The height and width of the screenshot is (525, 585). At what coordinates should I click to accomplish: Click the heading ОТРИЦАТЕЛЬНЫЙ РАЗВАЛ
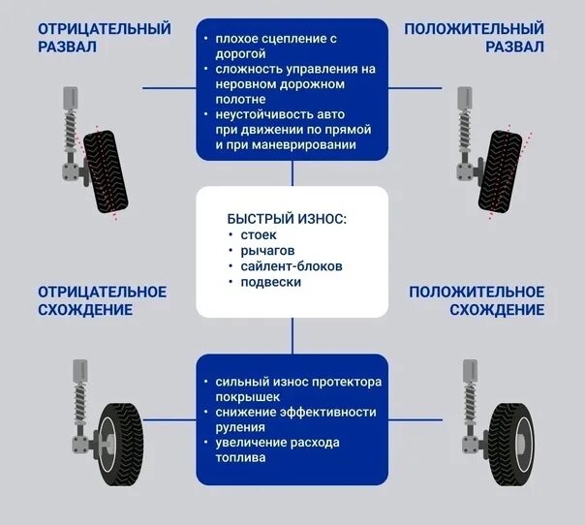[104, 38]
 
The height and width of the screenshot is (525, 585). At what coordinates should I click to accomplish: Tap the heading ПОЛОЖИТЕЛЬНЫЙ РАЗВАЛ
[474, 38]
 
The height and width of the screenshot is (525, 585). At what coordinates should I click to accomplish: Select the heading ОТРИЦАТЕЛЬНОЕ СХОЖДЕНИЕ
[102, 300]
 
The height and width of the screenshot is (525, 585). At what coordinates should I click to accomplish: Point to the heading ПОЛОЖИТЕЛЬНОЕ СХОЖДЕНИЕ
[476, 300]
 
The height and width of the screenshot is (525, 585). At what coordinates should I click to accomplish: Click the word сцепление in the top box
[293, 39]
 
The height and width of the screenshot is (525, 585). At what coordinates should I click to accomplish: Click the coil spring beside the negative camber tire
[71, 134]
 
